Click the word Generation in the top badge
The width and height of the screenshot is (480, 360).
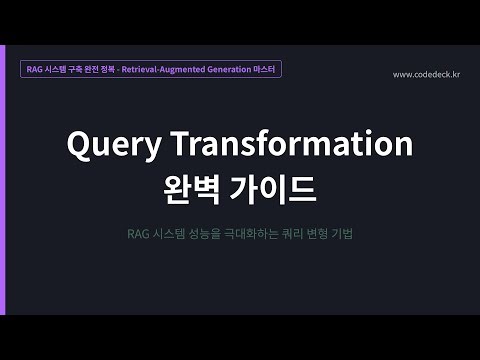(x=227, y=70)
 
